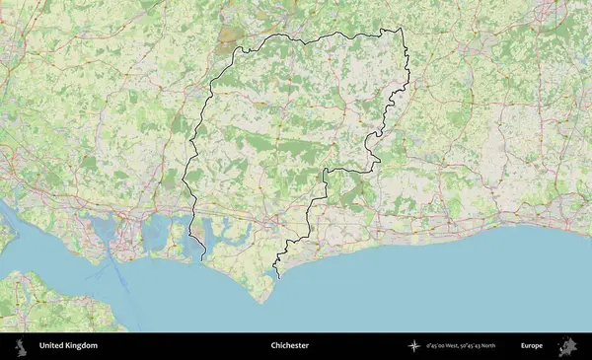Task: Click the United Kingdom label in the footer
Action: pyautogui.click(x=68, y=346)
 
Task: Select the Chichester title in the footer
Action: pyautogui.click(x=290, y=346)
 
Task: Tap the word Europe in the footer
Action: pyautogui.click(x=532, y=346)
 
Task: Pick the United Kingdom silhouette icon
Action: pyautogui.click(x=20, y=346)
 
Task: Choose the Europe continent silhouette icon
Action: pyautogui.click(x=569, y=346)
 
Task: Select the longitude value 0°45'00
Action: pyautogui.click(x=435, y=346)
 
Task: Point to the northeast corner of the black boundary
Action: pyautogui.click(x=403, y=29)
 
